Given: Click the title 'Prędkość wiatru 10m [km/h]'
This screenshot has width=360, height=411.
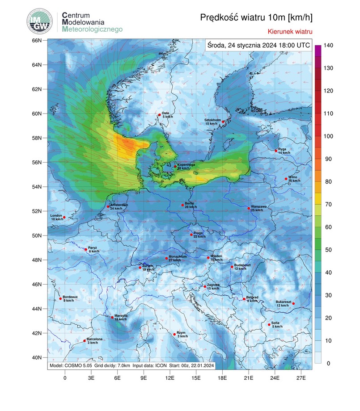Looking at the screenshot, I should pos(256,17).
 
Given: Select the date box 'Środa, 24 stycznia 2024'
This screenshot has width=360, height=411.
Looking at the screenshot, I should pos(258,45).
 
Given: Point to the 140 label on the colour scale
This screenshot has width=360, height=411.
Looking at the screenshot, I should pos(329,46).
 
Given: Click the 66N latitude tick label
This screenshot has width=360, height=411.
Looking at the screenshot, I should pos(36,41).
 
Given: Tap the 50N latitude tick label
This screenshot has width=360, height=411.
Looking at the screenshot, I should pos(36,235).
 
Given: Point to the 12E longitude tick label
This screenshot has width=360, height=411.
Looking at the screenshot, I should pos(170,377).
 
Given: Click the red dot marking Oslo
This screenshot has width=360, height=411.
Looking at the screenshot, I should pos(159,115).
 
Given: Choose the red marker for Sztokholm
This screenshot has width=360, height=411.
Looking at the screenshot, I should pos(223,122).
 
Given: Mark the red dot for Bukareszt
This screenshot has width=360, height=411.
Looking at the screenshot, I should pos(293,304).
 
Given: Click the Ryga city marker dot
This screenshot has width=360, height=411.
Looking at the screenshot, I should pos(276,151).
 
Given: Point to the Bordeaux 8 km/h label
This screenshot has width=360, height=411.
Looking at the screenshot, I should pos(70,299).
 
